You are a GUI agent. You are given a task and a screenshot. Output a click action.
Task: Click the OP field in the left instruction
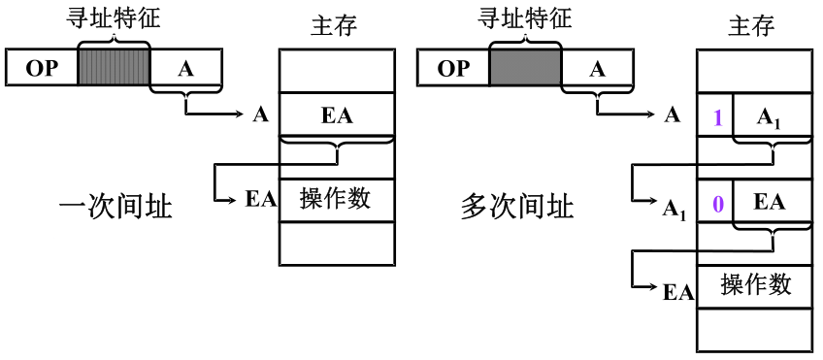[x=42, y=68]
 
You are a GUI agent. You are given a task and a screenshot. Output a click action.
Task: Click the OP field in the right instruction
[x=453, y=68]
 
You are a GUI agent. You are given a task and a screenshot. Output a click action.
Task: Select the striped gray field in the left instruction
[x=114, y=68]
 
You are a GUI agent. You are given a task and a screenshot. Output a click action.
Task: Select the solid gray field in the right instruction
[x=526, y=68]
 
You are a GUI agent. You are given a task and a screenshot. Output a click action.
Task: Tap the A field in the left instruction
[x=186, y=68]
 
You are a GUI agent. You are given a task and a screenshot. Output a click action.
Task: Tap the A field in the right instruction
[x=598, y=68]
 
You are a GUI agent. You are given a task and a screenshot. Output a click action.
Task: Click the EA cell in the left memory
[x=337, y=115]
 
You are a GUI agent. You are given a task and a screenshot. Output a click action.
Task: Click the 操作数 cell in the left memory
[x=337, y=199]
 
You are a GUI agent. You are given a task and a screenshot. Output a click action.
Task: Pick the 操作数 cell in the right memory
[x=756, y=284]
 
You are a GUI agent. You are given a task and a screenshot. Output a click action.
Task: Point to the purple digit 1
[x=717, y=117]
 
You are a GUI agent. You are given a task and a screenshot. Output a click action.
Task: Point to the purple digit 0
[x=717, y=204]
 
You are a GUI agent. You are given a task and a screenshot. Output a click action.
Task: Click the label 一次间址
[x=115, y=207]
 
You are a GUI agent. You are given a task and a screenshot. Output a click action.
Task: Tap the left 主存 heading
[x=335, y=25]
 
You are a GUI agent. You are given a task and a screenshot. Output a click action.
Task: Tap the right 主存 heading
[x=752, y=25]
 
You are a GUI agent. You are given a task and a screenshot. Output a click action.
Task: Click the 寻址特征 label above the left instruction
[x=115, y=16]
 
